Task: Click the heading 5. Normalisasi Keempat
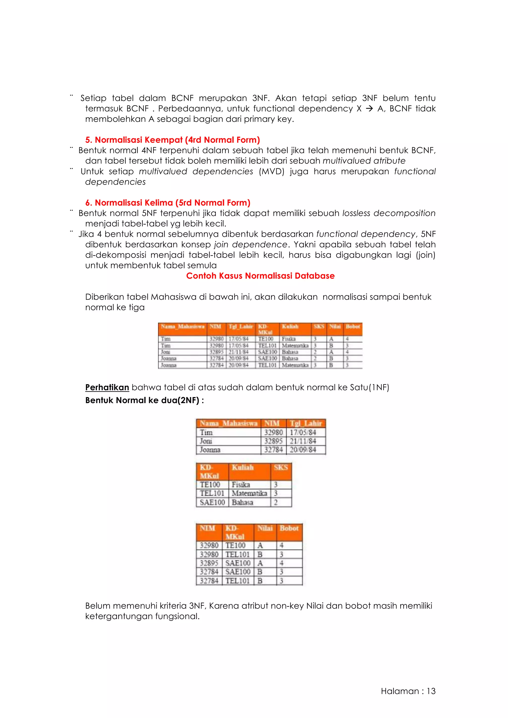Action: click(172, 140)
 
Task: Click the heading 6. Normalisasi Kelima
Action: click(168, 203)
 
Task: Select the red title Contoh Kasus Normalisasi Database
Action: click(260, 276)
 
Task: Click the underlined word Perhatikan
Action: click(107, 388)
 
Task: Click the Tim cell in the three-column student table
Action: click(206, 432)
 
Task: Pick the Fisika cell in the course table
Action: click(241, 485)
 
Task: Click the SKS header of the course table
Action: click(281, 468)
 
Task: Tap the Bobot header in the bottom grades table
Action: click(289, 528)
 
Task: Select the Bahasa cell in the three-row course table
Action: click(242, 502)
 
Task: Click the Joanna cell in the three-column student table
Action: click(210, 450)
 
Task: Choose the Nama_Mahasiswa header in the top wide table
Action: click(182, 327)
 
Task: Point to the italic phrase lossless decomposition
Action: click(389, 213)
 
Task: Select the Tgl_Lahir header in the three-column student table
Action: click(306, 423)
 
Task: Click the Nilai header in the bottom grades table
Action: click(265, 528)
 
